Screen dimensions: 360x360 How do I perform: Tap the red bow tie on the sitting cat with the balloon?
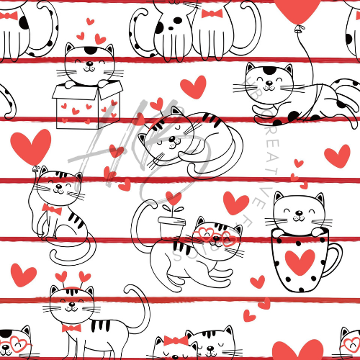[50, 209]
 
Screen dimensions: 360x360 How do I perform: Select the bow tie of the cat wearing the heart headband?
[71, 328]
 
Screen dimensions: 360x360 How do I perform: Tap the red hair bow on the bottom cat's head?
[176, 340]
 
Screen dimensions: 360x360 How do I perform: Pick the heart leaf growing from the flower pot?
[173, 197]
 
